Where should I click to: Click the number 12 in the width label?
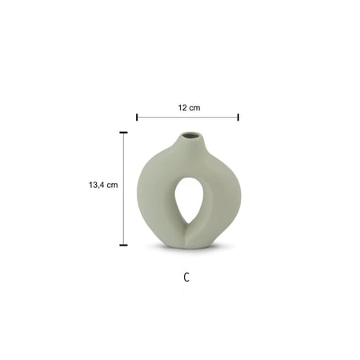[182, 108]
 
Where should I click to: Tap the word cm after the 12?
[194, 108]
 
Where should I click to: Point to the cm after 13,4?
[112, 185]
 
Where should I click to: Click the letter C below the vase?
[186, 278]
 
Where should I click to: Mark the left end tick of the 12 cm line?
[137, 117]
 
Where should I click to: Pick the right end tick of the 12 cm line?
[238, 117]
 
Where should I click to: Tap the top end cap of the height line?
[123, 132]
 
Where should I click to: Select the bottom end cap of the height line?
[123, 245]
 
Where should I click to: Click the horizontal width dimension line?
[187, 117]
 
